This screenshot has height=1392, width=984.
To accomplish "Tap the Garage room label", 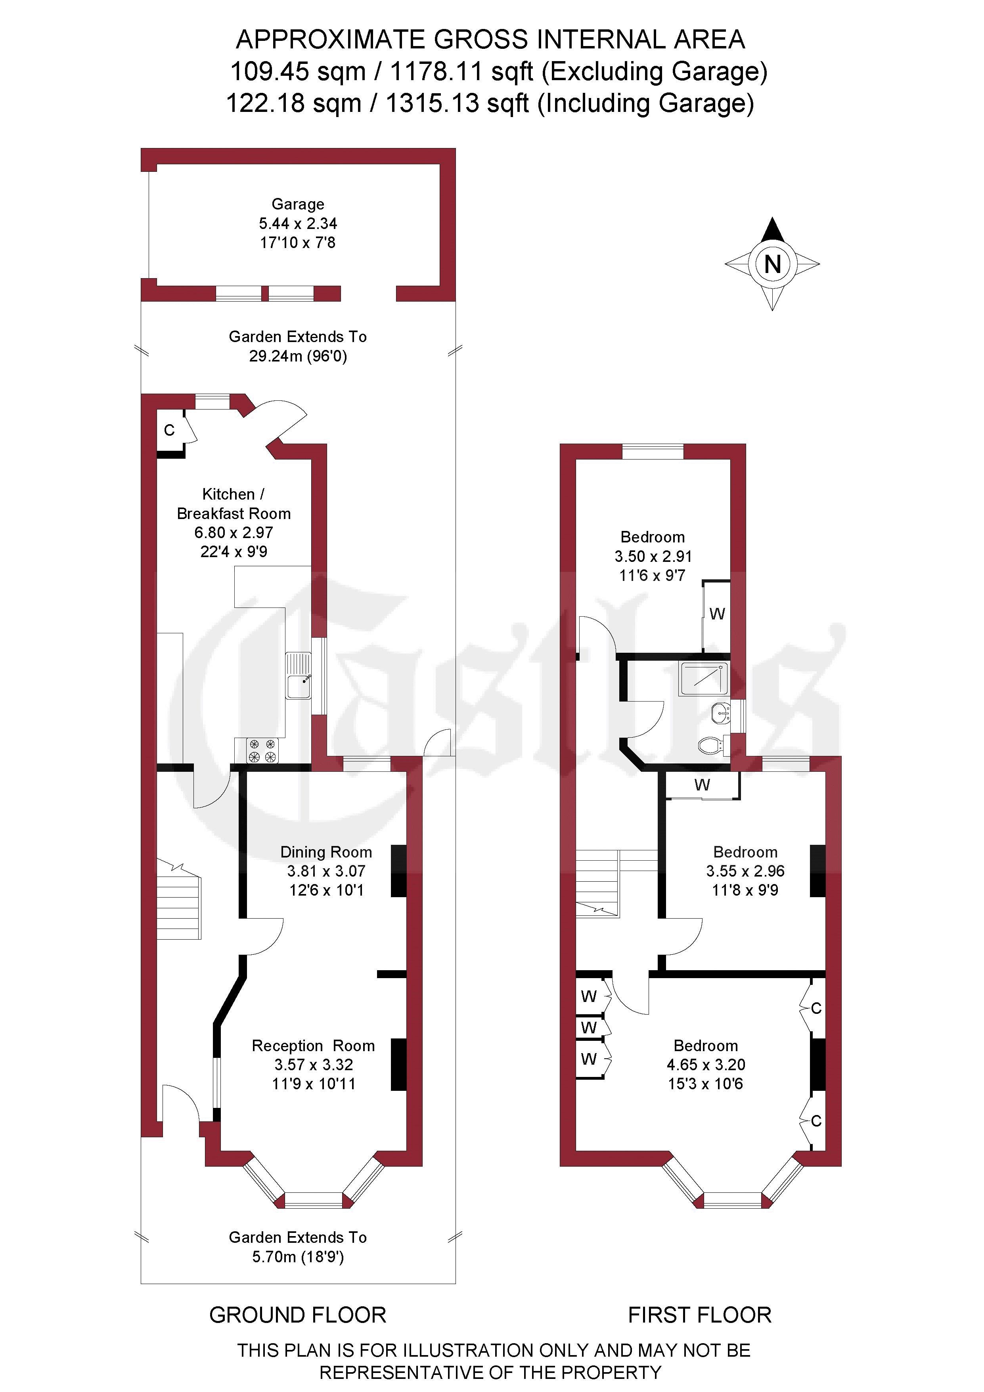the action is point(297,204).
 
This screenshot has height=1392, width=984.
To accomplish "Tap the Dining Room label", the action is point(326,852).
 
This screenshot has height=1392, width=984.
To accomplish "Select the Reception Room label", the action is point(313,1046).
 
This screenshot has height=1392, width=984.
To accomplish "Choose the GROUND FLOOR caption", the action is point(297,1315).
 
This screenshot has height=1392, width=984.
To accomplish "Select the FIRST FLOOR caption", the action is point(700,1315).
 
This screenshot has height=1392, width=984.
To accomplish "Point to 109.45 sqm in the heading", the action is point(297,71).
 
